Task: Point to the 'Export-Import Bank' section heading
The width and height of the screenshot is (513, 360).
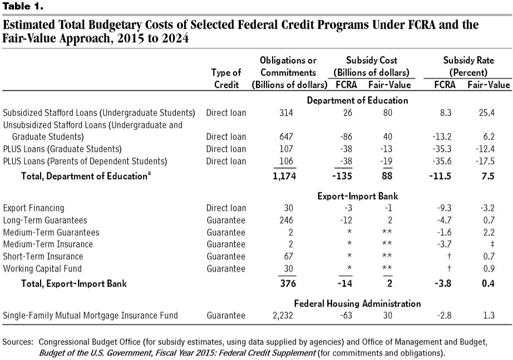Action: (357, 196)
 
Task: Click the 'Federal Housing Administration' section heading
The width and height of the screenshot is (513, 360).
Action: (357, 304)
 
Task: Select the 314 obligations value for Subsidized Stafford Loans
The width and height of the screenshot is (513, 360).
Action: (288, 113)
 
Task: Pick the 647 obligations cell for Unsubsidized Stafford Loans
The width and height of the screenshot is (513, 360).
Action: (288, 137)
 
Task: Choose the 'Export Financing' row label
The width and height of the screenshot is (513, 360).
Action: (33, 208)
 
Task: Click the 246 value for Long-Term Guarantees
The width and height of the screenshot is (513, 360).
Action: (288, 220)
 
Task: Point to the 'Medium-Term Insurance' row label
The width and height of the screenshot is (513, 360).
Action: (48, 244)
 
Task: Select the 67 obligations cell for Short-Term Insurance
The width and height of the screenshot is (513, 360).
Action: (288, 257)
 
